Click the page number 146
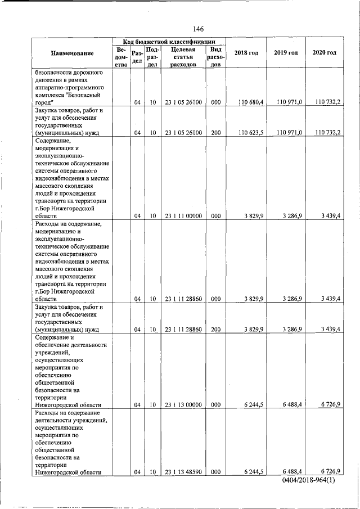click(x=197, y=29)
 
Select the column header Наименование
click(x=72, y=53)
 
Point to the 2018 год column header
click(x=246, y=53)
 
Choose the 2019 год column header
click(x=286, y=53)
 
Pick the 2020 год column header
click(x=324, y=53)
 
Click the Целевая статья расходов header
click(x=183, y=57)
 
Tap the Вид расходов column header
click(x=215, y=57)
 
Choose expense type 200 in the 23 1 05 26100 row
click(x=215, y=133)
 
